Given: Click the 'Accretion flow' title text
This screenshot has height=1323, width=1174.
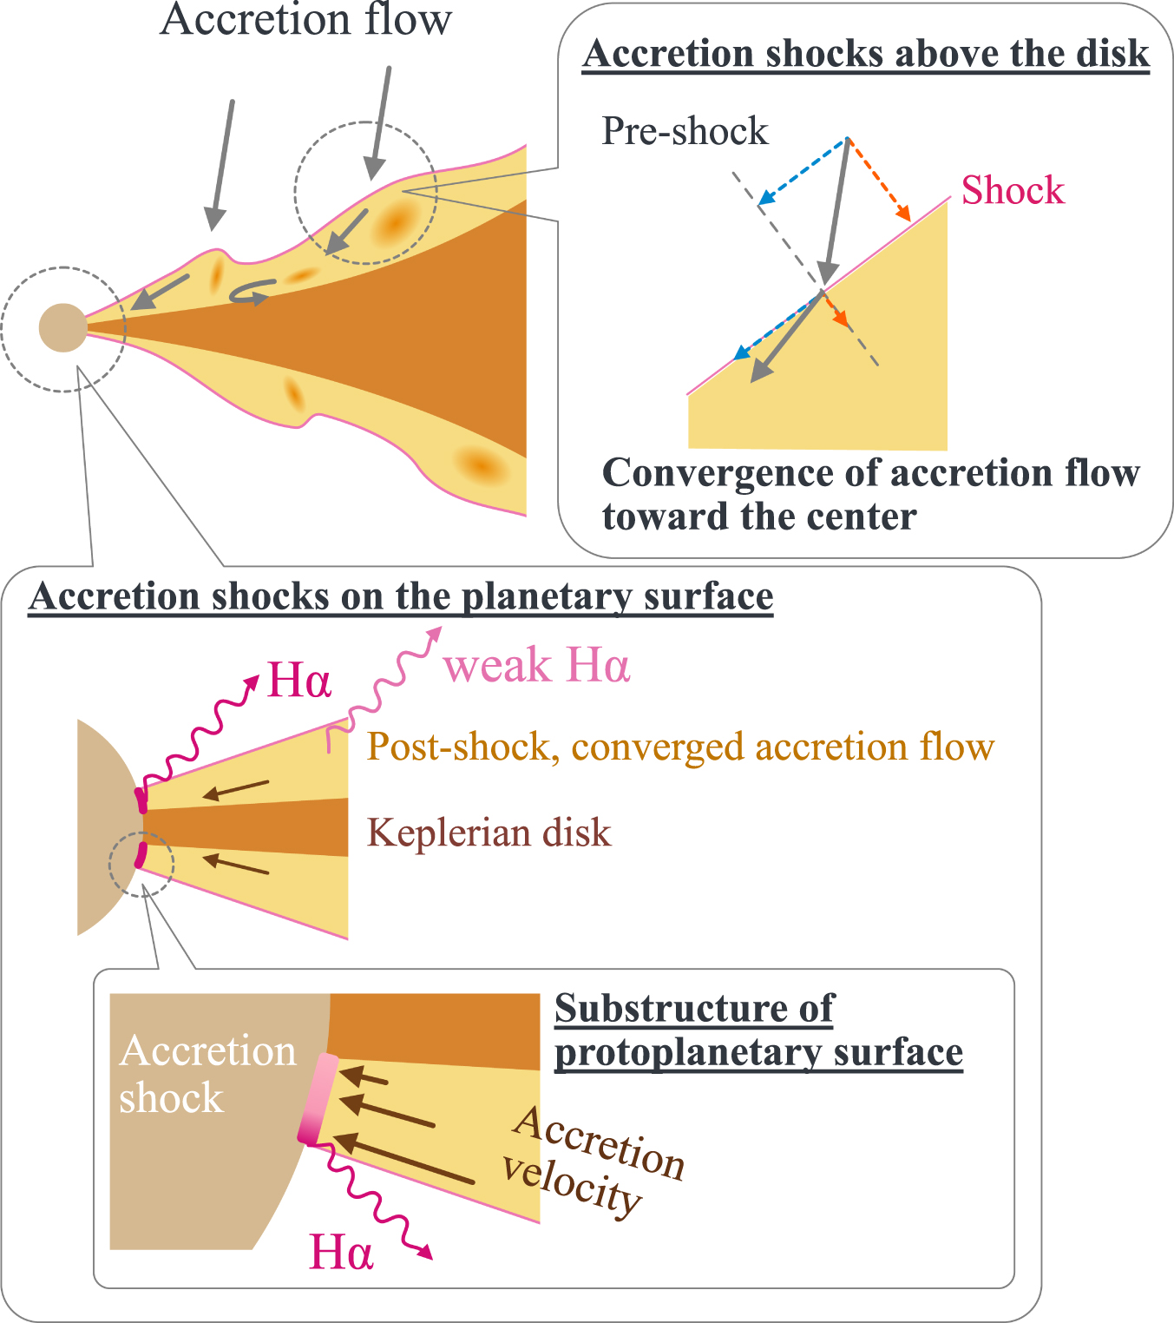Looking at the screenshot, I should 305,19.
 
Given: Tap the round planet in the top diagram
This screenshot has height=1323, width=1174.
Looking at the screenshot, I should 63,327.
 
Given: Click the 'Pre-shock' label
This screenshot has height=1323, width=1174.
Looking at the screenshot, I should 685,131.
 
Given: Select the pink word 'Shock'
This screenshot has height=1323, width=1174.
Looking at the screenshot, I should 1012,190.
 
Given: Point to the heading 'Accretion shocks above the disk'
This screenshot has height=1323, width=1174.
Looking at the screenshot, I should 866,54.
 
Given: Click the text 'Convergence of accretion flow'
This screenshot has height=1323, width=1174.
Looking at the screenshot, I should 870,474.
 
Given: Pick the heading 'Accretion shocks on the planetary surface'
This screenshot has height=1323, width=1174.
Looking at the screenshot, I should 401,597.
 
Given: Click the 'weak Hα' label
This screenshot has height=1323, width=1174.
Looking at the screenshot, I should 536,667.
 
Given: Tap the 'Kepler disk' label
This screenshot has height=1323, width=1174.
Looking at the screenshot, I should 489,833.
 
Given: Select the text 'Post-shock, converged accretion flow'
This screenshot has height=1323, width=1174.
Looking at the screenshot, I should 680,747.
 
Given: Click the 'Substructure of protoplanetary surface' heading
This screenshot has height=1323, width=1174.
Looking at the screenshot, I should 758,1030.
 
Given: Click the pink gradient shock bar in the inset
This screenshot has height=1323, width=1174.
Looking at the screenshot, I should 318,1099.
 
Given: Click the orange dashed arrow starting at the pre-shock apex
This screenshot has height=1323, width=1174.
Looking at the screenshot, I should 879,179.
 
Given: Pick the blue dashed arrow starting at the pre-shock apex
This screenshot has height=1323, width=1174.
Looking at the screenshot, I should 802,172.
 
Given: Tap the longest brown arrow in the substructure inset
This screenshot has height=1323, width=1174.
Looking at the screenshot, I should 404,1159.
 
